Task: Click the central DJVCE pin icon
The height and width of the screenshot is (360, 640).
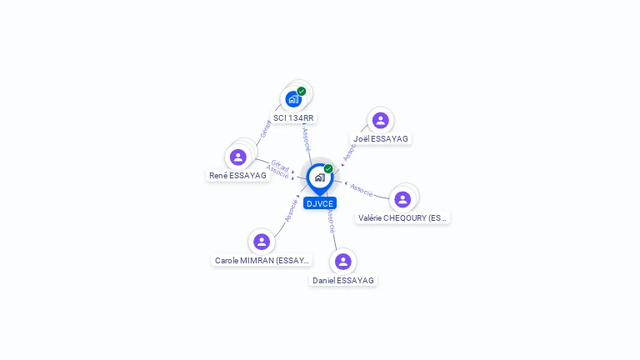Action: pos(319,177)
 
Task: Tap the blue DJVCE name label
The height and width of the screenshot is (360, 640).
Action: pos(320,203)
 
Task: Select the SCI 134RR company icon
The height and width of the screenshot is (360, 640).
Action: pos(292,99)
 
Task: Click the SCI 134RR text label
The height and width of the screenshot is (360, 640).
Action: pos(293,118)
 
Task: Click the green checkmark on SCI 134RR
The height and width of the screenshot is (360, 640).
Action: pos(302,91)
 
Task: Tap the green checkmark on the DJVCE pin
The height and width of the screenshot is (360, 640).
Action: pos(328,168)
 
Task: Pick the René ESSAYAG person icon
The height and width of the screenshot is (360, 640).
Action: pos(238,157)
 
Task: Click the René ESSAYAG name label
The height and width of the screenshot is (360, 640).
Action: pos(238,176)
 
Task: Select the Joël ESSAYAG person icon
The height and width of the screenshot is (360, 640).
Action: pos(380,120)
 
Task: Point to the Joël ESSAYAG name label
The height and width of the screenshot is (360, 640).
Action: pos(381,138)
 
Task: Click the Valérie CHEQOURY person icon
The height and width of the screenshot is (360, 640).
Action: pos(402,199)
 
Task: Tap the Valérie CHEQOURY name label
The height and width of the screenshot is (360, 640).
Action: pos(402,217)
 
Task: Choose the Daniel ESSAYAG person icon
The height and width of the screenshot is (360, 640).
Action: pos(342,262)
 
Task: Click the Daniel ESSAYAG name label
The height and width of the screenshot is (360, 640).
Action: pos(343,280)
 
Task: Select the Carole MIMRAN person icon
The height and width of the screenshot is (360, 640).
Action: pos(262,242)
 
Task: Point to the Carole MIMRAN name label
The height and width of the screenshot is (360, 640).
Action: pos(262,260)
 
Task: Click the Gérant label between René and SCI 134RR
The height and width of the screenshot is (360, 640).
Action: pos(265,129)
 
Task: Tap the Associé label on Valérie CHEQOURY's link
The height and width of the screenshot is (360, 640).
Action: pos(362,190)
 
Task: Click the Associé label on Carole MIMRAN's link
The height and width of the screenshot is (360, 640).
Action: pos(291,209)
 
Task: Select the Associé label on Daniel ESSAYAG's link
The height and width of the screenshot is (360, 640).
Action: pos(331,220)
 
